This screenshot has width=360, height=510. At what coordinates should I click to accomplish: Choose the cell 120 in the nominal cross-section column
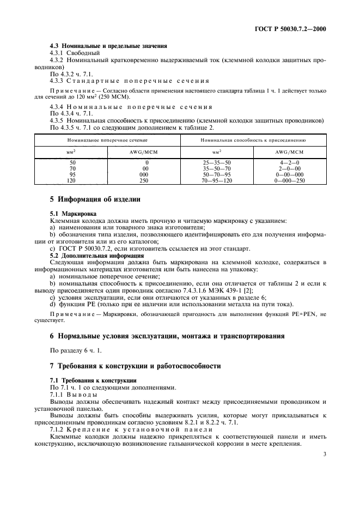(x=72, y=179)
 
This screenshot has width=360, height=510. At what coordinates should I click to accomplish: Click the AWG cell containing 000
(x=143, y=174)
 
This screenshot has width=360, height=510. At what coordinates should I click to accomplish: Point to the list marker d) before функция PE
(x=52, y=304)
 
